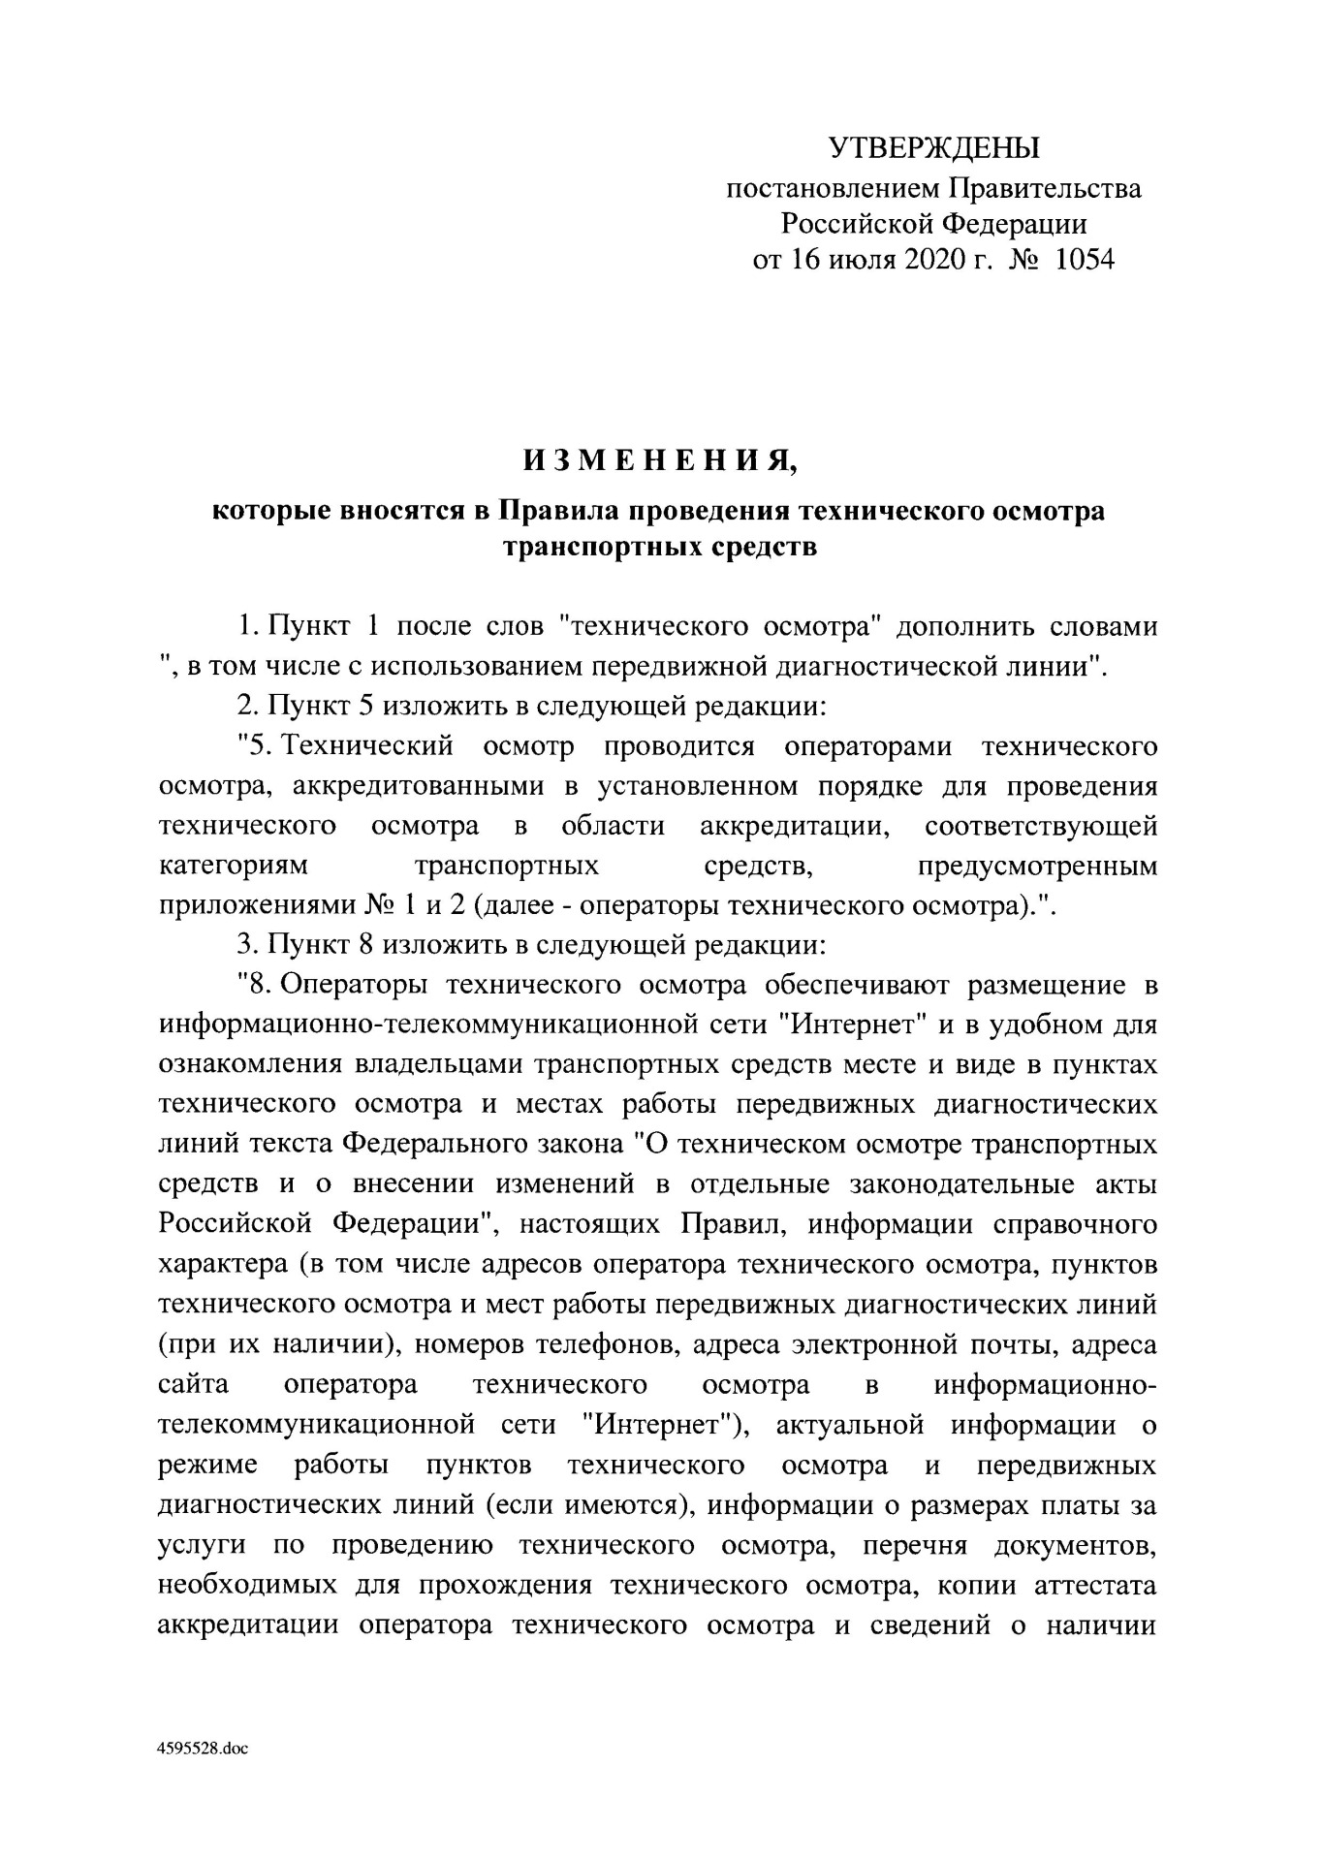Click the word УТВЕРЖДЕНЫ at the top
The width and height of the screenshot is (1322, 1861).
pos(933,148)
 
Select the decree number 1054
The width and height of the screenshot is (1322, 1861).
pos(1083,261)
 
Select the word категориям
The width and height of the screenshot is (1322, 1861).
pos(233,865)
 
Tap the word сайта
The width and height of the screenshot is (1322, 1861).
pos(194,1385)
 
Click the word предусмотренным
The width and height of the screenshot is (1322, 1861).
pos(1036,865)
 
